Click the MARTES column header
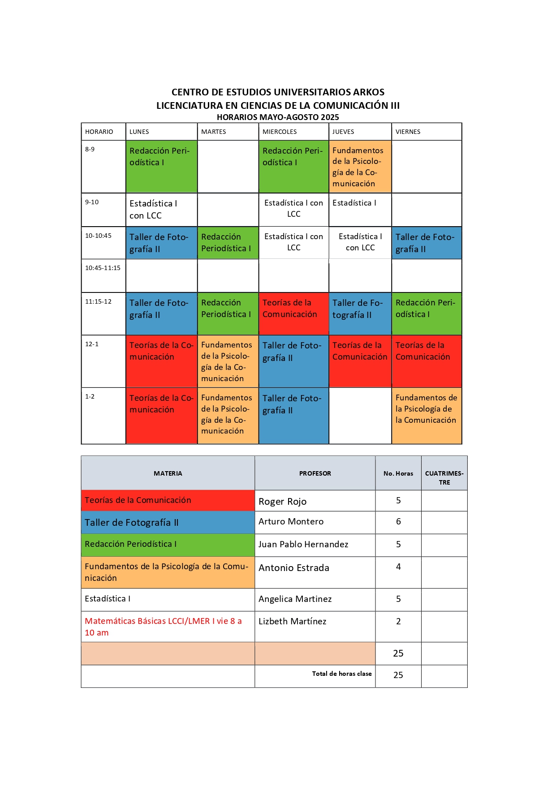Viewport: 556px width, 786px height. point(214,132)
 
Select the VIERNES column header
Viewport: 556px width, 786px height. point(408,132)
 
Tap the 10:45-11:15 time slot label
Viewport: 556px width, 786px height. point(103,268)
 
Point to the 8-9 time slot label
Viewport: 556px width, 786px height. point(90,149)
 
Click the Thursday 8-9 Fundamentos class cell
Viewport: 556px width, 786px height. point(360,167)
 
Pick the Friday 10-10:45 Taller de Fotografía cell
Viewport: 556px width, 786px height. point(426,243)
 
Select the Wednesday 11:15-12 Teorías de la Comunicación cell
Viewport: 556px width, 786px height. point(293,313)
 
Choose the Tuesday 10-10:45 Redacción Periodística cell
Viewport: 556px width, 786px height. point(228,242)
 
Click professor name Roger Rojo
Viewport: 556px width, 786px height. point(283,502)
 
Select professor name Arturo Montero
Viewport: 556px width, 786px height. point(291,522)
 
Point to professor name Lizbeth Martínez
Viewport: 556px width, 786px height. point(293,622)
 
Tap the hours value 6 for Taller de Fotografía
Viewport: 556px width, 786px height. point(398,522)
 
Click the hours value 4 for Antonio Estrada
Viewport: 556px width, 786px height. point(398,567)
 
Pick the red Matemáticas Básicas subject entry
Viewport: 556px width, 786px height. point(163,627)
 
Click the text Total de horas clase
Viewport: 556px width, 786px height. point(342,674)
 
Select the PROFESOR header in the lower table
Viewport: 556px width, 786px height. point(315,473)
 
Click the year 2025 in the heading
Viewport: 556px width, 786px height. point(329,117)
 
